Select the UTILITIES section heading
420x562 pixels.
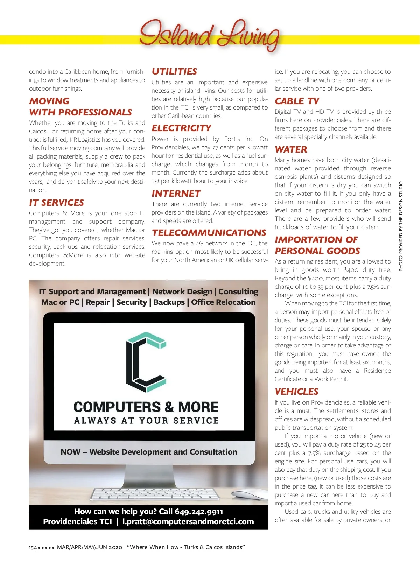174,71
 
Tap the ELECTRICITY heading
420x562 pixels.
181,128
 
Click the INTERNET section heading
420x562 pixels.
176,194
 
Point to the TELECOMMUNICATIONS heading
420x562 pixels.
209,233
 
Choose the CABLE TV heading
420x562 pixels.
297,101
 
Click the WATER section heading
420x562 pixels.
291,149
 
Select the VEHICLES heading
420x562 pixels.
296,392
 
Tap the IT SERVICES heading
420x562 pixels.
56,203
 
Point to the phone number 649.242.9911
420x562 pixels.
199,512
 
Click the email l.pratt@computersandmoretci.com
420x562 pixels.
188,522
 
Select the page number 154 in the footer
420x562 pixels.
33,548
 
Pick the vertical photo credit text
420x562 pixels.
401,226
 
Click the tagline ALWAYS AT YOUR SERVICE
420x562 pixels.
146,421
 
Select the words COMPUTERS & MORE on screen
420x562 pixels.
146,407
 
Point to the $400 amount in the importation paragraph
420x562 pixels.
351,270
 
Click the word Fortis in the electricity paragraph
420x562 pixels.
232,139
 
